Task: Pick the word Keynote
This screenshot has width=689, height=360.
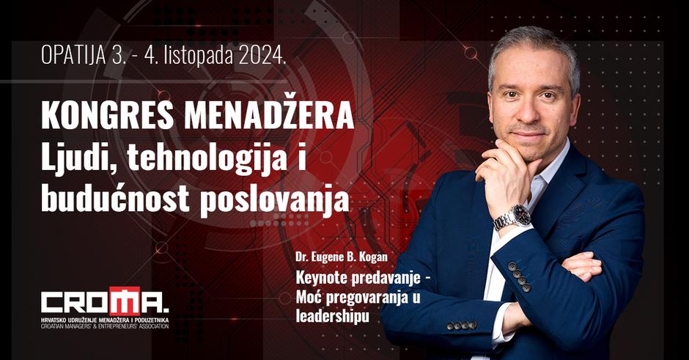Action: pos(320,279)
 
